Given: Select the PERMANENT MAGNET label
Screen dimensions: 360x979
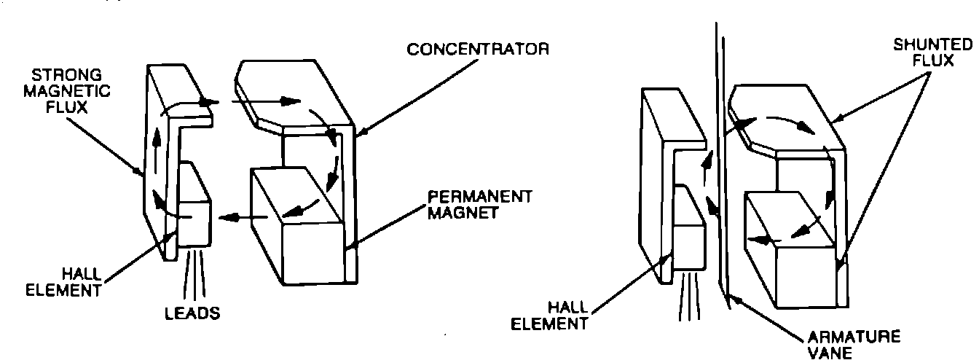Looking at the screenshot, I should coord(479,205).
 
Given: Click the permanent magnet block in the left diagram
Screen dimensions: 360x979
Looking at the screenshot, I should coord(299,233).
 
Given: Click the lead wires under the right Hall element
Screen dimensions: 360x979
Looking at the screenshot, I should coord(688,302).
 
